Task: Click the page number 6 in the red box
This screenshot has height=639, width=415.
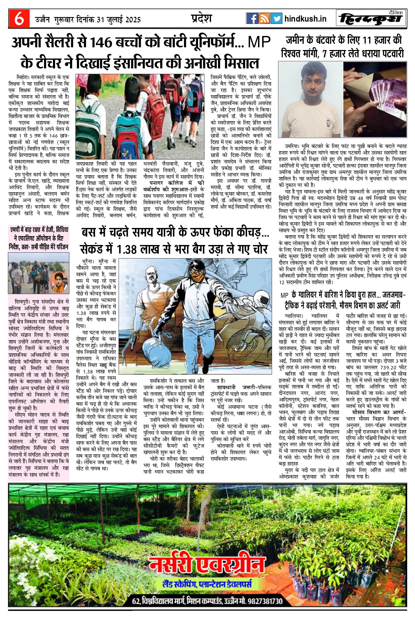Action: coord(19,19)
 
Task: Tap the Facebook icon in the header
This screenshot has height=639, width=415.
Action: coord(252,18)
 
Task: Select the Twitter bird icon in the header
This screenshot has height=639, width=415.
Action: coord(276,18)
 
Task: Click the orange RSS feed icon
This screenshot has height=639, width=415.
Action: coord(264,18)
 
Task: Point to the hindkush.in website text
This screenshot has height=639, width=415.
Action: coord(305,19)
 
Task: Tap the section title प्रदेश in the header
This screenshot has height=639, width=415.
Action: coord(201,18)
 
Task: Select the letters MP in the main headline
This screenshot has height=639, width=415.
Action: coord(259,42)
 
